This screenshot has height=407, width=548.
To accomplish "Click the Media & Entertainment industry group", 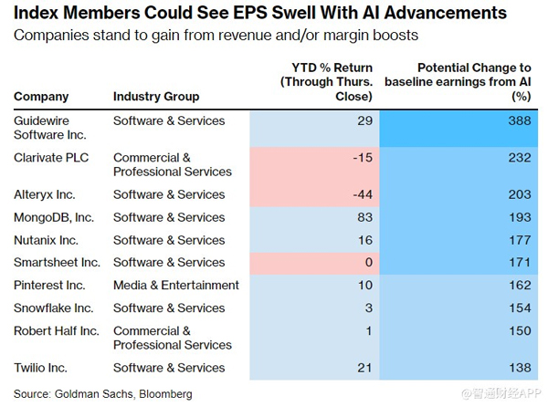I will tap(176, 286).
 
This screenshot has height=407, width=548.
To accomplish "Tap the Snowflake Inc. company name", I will tap(53, 308).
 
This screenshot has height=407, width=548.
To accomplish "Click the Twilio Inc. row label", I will tap(43, 368).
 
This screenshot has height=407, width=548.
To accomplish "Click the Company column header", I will tap(41, 96).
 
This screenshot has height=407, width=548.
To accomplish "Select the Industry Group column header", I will tap(156, 96).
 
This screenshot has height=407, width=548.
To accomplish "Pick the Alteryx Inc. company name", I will tap(44, 194).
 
